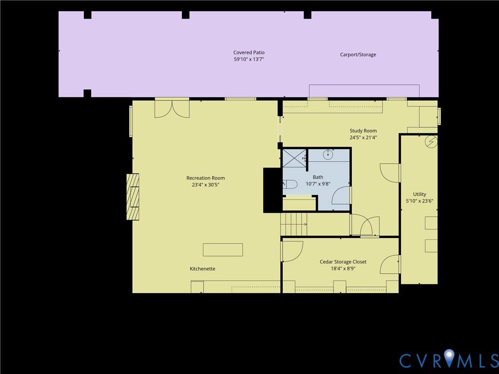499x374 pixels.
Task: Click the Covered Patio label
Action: (x=249, y=53)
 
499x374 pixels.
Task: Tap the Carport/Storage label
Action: (x=358, y=55)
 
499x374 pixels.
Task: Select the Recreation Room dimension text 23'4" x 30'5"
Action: (x=206, y=185)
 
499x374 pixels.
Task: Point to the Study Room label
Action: (x=363, y=131)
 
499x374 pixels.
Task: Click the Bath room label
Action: (x=318, y=177)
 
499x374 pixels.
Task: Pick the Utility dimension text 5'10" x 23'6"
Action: (x=420, y=201)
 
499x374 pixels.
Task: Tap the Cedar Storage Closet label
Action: (x=343, y=262)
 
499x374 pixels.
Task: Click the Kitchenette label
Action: (x=202, y=269)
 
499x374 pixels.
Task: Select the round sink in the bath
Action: (x=328, y=155)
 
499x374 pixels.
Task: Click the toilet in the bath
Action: (x=290, y=184)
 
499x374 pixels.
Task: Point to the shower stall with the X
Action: (x=294, y=157)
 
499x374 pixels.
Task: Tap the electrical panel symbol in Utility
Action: (x=431, y=142)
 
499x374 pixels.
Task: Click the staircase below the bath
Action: (x=294, y=224)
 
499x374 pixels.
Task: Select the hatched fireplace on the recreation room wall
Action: (x=133, y=197)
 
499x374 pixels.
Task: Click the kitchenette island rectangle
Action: (x=223, y=250)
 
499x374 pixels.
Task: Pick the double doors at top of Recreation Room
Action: (x=172, y=109)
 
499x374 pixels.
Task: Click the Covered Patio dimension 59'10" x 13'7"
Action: (x=249, y=59)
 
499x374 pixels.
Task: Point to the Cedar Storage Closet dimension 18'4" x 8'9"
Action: (x=343, y=269)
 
